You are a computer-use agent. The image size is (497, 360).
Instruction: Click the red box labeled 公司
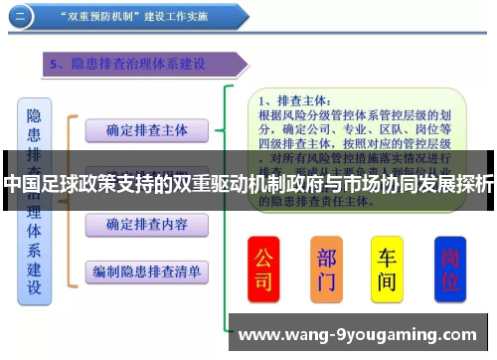click(x=263, y=269)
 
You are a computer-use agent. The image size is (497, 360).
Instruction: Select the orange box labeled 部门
click(x=326, y=269)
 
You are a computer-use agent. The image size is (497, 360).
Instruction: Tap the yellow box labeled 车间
click(x=388, y=269)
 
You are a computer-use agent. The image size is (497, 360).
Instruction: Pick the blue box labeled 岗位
click(x=451, y=270)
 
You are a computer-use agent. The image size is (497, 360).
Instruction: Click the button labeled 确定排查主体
click(x=146, y=130)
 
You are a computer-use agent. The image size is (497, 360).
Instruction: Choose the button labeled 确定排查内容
click(x=146, y=225)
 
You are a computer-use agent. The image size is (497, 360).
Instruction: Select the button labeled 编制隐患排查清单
click(x=146, y=270)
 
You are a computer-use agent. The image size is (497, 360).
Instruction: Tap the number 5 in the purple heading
click(x=56, y=65)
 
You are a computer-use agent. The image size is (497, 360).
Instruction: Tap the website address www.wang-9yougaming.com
click(x=358, y=335)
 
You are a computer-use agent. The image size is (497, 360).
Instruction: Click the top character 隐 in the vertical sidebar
click(x=35, y=114)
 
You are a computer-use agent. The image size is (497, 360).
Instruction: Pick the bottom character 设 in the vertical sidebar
click(x=35, y=288)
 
